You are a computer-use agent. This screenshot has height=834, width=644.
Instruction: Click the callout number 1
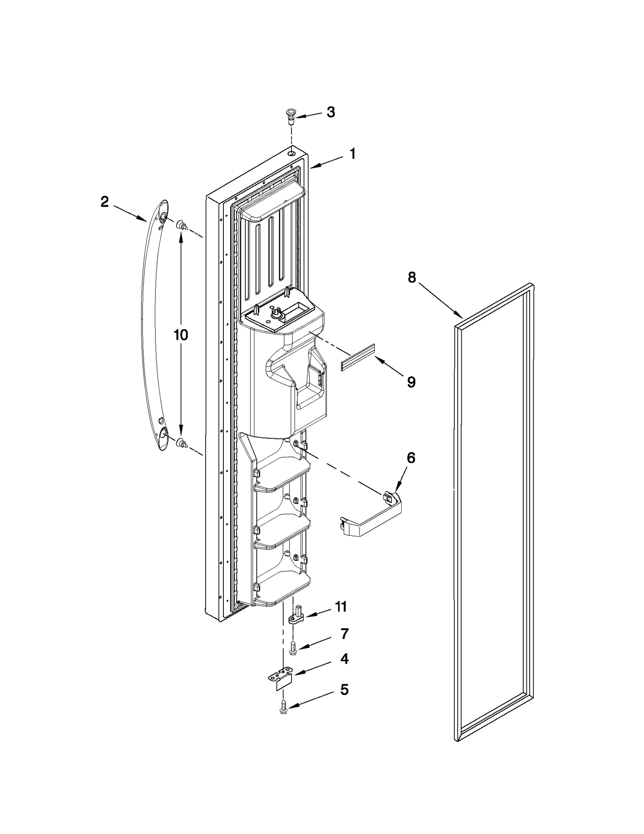(352, 154)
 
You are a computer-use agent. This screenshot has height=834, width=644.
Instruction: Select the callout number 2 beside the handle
(104, 202)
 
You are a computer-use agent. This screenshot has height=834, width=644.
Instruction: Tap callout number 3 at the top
(330, 112)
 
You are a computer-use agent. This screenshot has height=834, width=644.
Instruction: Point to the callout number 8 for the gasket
(411, 277)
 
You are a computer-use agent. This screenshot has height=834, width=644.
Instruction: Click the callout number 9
(411, 382)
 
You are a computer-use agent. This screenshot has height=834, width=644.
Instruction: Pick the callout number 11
(341, 618)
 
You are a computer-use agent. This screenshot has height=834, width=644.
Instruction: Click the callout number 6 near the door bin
(411, 458)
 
